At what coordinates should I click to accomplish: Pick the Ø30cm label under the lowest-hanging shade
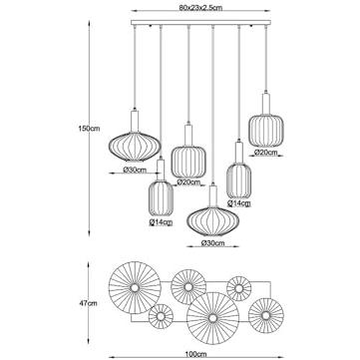coord(213,241)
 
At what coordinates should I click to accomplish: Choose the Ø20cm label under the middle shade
coord(187,182)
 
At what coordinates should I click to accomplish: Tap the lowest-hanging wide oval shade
coord(212,218)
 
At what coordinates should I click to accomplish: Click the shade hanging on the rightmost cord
coord(267,126)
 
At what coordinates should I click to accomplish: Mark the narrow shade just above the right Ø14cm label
coord(239,175)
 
